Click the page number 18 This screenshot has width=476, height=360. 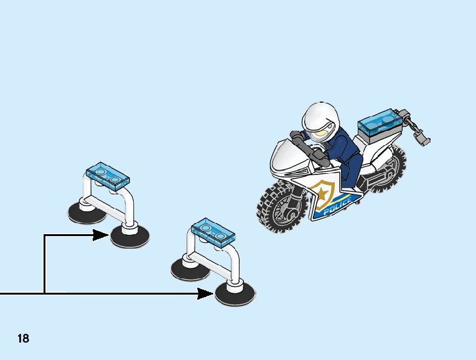point(23,339)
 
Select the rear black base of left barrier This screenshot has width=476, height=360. point(85,212)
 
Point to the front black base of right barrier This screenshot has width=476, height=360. point(235,293)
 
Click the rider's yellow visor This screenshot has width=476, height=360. point(321,133)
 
